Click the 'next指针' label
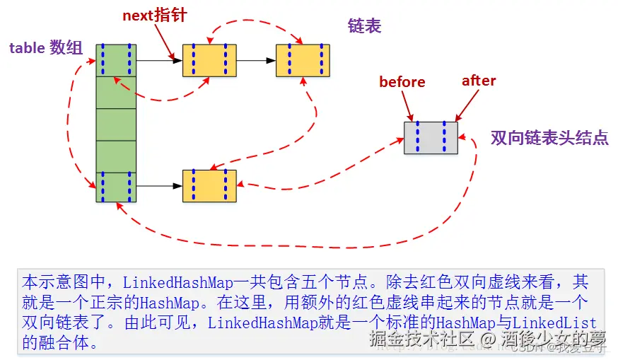click(155, 15)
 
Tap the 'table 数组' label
click(46, 48)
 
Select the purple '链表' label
click(364, 26)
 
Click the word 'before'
click(402, 82)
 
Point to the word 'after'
click(479, 81)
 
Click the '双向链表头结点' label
click(549, 138)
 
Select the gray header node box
click(431, 138)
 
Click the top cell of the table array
click(116, 60)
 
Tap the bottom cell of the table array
click(116, 187)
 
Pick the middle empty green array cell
click(116, 124)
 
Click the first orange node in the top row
click(209, 60)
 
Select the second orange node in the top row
click(303, 60)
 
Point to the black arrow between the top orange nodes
click(255, 60)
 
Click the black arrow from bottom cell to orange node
click(159, 187)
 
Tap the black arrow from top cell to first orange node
click(159, 60)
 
